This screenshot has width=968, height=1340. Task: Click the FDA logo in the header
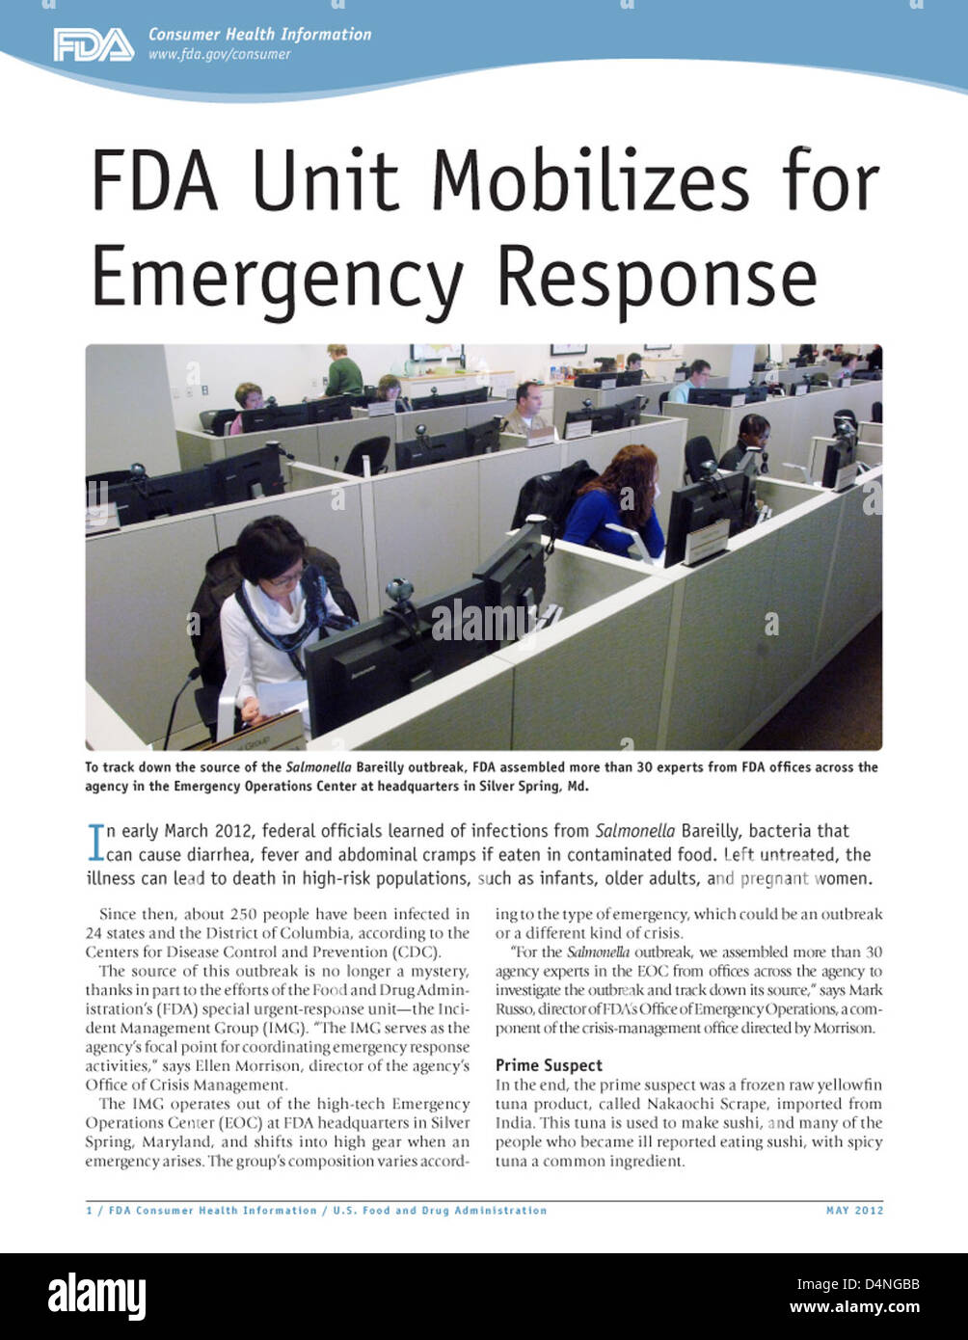pos(94,45)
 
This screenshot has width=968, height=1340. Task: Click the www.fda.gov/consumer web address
pos(219,55)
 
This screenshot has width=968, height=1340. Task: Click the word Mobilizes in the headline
pos(590,181)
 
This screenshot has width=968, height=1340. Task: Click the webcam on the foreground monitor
pos(398,590)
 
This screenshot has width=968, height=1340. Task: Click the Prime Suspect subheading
pos(549,1065)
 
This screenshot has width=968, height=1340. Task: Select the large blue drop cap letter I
pos(94,842)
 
